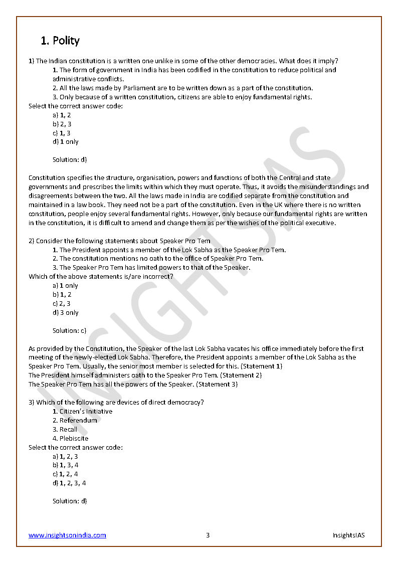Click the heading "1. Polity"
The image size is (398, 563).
tap(60, 41)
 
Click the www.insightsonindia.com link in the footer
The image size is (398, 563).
tap(67, 535)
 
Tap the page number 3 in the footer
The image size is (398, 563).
tap(208, 535)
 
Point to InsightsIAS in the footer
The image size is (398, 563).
tap(348, 535)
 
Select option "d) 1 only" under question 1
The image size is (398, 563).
tap(66, 142)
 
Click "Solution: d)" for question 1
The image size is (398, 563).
tap(70, 159)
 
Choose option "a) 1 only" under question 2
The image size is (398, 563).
tap(66, 286)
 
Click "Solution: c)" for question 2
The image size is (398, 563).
tap(70, 330)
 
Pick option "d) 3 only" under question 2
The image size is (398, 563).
tap(66, 313)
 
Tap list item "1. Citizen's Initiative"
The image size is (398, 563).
tap(82, 412)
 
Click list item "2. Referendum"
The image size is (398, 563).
tap(75, 421)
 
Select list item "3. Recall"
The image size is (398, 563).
tap(65, 429)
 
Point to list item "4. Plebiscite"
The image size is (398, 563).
tap(70, 438)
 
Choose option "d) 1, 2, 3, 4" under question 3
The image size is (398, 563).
tap(69, 483)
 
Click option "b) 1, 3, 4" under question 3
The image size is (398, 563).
tap(66, 465)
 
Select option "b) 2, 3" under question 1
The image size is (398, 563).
tap(62, 124)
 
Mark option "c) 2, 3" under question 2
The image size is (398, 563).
tap(62, 304)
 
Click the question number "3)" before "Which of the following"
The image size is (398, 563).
tap(31, 403)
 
